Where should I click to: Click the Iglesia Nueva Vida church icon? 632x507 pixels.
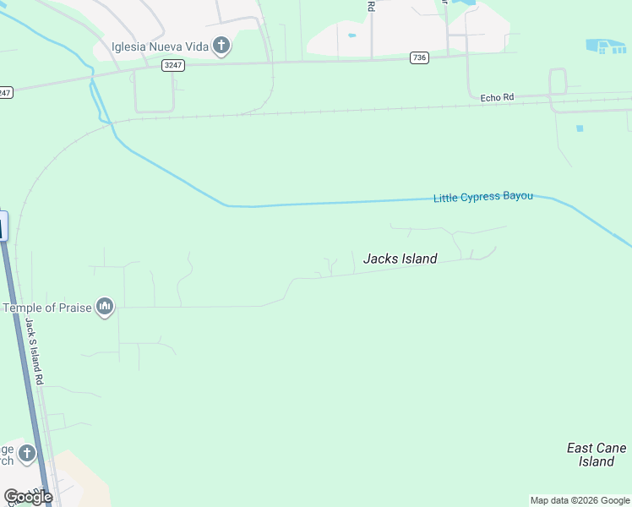tap(221, 45)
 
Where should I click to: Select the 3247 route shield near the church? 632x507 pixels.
tap(173, 64)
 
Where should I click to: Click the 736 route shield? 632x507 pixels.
tap(419, 57)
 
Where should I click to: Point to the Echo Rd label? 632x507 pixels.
tap(497, 97)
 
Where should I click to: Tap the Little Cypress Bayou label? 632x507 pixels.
tap(483, 197)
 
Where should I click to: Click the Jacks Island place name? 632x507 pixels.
tap(400, 259)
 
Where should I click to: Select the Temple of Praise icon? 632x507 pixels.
tap(105, 306)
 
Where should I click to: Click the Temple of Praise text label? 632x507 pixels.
tap(47, 308)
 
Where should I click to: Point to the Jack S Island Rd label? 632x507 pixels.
tap(35, 352)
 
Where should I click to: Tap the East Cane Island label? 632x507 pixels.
tap(597, 455)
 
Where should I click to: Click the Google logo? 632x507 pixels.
tap(28, 497)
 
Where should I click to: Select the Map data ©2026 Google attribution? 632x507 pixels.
tap(580, 500)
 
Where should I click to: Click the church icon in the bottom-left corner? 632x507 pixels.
tap(27, 455)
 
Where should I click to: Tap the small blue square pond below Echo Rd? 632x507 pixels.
tap(580, 128)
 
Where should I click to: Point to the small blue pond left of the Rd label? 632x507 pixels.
tap(351, 35)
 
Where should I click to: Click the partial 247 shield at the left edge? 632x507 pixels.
tap(5, 92)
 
